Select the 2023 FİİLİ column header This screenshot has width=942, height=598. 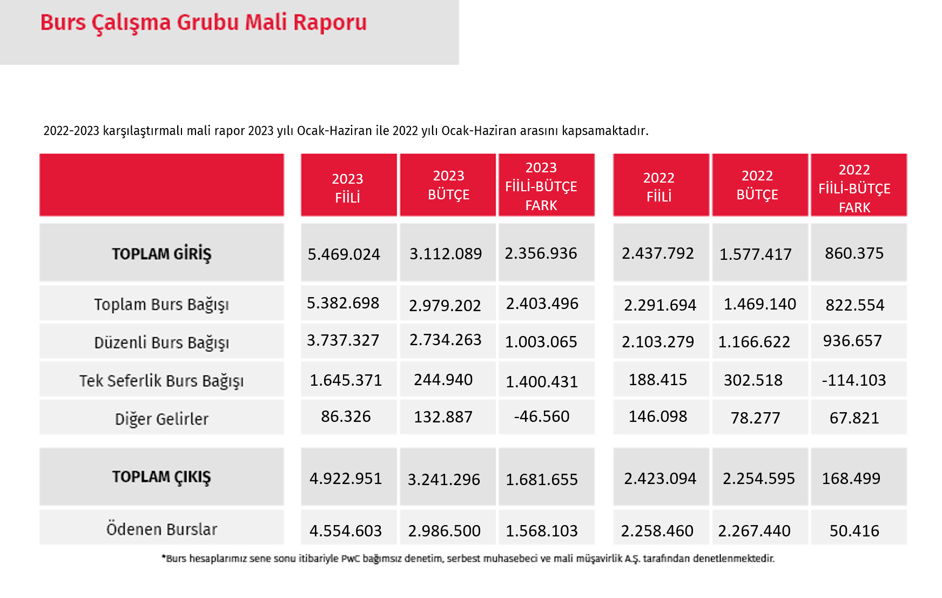pos(347,188)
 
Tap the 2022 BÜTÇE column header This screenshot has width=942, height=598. pos(757,185)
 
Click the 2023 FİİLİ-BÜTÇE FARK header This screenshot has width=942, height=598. pos(541,186)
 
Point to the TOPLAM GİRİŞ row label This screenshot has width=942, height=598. pos(162,254)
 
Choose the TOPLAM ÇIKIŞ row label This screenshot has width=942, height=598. pos(162,477)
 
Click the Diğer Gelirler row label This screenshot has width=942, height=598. pos(162,419)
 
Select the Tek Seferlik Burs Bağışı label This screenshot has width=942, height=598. pos(162,381)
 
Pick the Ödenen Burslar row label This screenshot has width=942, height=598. pos(162,529)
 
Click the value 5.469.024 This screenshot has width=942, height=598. pos(344,254)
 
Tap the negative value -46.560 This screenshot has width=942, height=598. pos(542,416)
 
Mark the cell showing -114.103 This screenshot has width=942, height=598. pos(854,380)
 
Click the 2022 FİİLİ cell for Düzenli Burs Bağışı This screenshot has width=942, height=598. pos(658,342)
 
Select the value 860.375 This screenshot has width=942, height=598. pos(854,253)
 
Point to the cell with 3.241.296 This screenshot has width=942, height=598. pos(444,480)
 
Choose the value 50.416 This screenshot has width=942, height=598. pos(854,531)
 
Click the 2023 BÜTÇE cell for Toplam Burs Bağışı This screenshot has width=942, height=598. pos(445,306)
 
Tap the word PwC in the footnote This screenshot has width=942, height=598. pos(351,559)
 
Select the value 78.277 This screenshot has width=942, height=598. pos(756,418)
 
